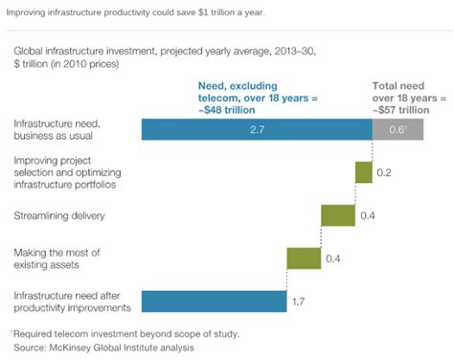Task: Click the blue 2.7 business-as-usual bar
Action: (256, 130)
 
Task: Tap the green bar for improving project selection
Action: (363, 172)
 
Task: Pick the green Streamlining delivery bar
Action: (338, 214)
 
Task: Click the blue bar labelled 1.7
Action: (214, 301)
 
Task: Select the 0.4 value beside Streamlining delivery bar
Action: (368, 215)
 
